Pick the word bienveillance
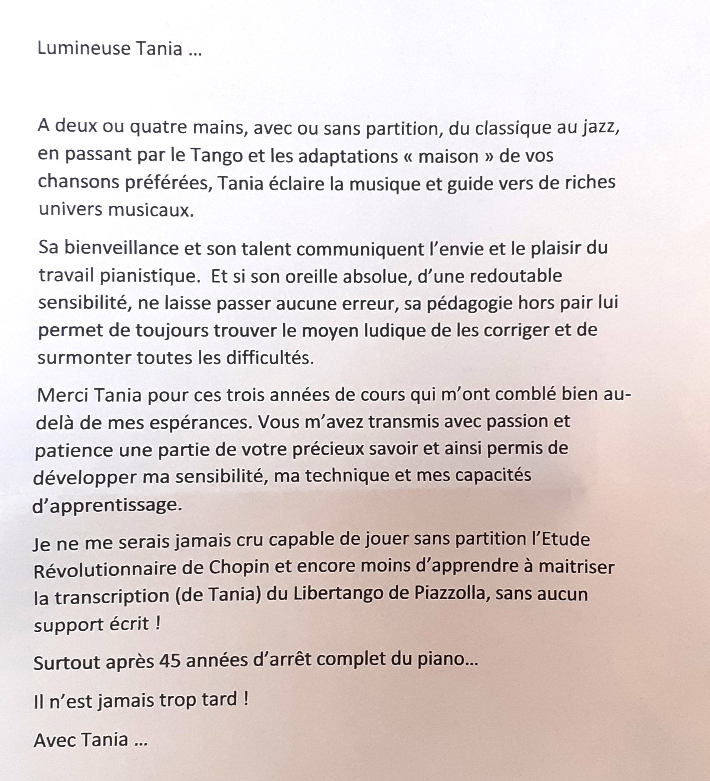[x=119, y=248]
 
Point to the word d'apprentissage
[x=106, y=505]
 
